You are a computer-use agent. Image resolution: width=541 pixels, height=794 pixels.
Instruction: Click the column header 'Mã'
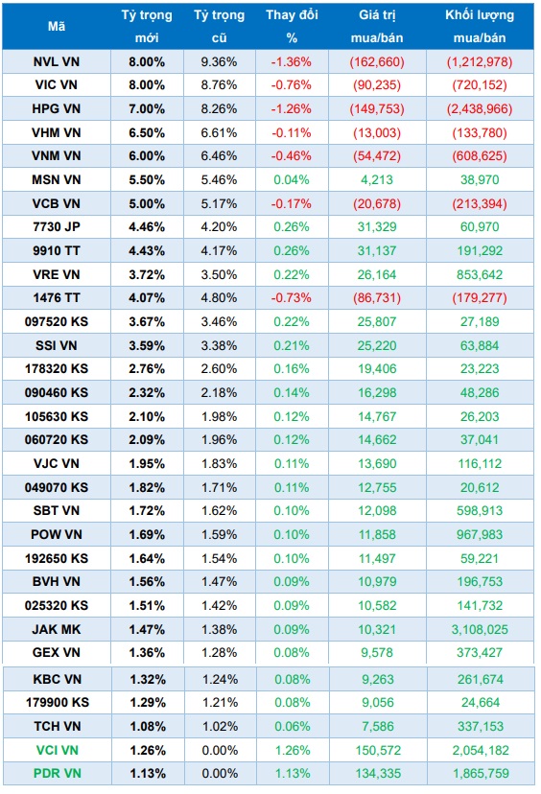(x=57, y=26)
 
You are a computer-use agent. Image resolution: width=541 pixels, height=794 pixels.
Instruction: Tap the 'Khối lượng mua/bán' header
(x=480, y=26)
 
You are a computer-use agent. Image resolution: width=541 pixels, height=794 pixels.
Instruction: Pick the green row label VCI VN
(x=57, y=749)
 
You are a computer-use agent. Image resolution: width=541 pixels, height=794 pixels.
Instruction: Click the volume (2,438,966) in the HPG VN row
(x=480, y=108)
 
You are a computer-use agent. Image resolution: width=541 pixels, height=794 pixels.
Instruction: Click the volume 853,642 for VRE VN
(x=480, y=273)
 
